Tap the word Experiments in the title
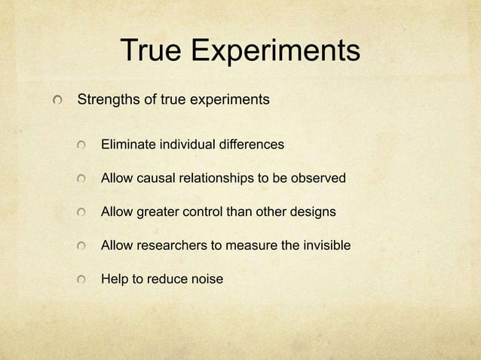[275, 52]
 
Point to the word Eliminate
[127, 143]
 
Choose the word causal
[155, 178]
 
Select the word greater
[158, 212]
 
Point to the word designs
[312, 212]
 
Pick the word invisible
[324, 246]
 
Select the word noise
[207, 279]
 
